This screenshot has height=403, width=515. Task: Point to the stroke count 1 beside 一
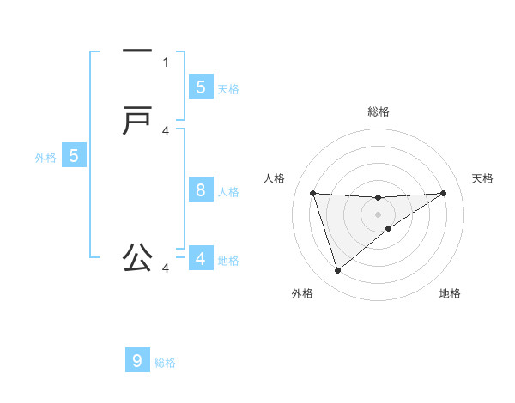coord(166,62)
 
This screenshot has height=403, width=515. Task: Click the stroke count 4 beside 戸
coord(166,131)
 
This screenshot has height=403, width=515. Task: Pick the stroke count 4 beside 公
coord(166,268)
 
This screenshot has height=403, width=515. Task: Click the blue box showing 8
coord(201,190)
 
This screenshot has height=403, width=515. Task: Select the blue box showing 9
coord(137,361)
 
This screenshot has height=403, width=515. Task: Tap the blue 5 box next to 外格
coord(74,156)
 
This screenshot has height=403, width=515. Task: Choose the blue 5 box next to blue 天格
coord(201,87)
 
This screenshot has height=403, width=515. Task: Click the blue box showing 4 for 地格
coord(201,258)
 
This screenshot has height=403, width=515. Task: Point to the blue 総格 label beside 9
coord(165,363)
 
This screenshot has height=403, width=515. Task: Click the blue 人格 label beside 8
coord(228,192)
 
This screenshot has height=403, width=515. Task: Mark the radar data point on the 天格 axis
coord(443,193)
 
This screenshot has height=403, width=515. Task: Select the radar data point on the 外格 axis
coord(337,271)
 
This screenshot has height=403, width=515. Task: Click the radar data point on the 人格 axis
coord(312,193)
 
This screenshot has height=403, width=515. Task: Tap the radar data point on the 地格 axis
coord(389,228)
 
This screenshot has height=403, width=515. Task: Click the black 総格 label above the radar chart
coord(378,111)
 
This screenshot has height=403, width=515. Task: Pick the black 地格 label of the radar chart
coord(450,294)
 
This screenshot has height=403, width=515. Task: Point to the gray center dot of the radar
coord(378,214)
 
